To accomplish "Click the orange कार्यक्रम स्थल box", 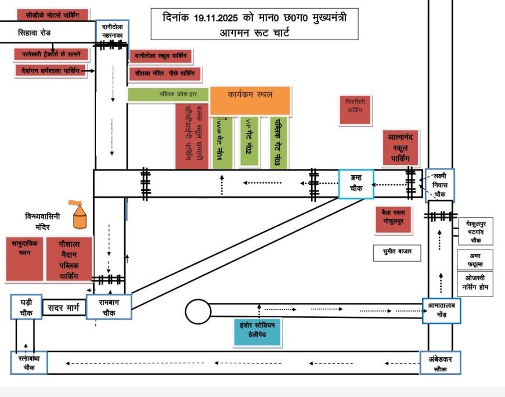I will pyautogui.click(x=250, y=100).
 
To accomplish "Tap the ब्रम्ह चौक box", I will pyautogui.click(x=356, y=184).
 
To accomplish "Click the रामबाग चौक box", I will pyautogui.click(x=109, y=305).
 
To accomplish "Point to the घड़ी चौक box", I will pyautogui.click(x=27, y=306).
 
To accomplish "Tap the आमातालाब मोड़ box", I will pyautogui.click(x=441, y=311).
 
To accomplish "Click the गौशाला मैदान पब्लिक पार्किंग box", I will pyautogui.click(x=68, y=259).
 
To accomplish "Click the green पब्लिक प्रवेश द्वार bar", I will pyautogui.click(x=168, y=94).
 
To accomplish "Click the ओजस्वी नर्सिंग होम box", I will pyautogui.click(x=475, y=284).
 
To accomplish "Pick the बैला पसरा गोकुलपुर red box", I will pyautogui.click(x=397, y=218).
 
